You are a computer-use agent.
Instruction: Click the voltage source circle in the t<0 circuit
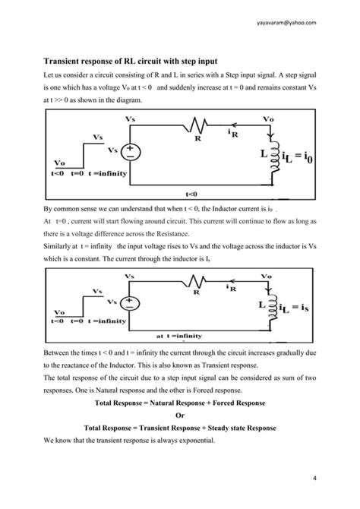131,152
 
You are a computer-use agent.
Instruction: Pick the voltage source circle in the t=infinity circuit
131,302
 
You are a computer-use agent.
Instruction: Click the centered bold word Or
180,416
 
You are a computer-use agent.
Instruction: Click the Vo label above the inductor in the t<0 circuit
269,120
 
